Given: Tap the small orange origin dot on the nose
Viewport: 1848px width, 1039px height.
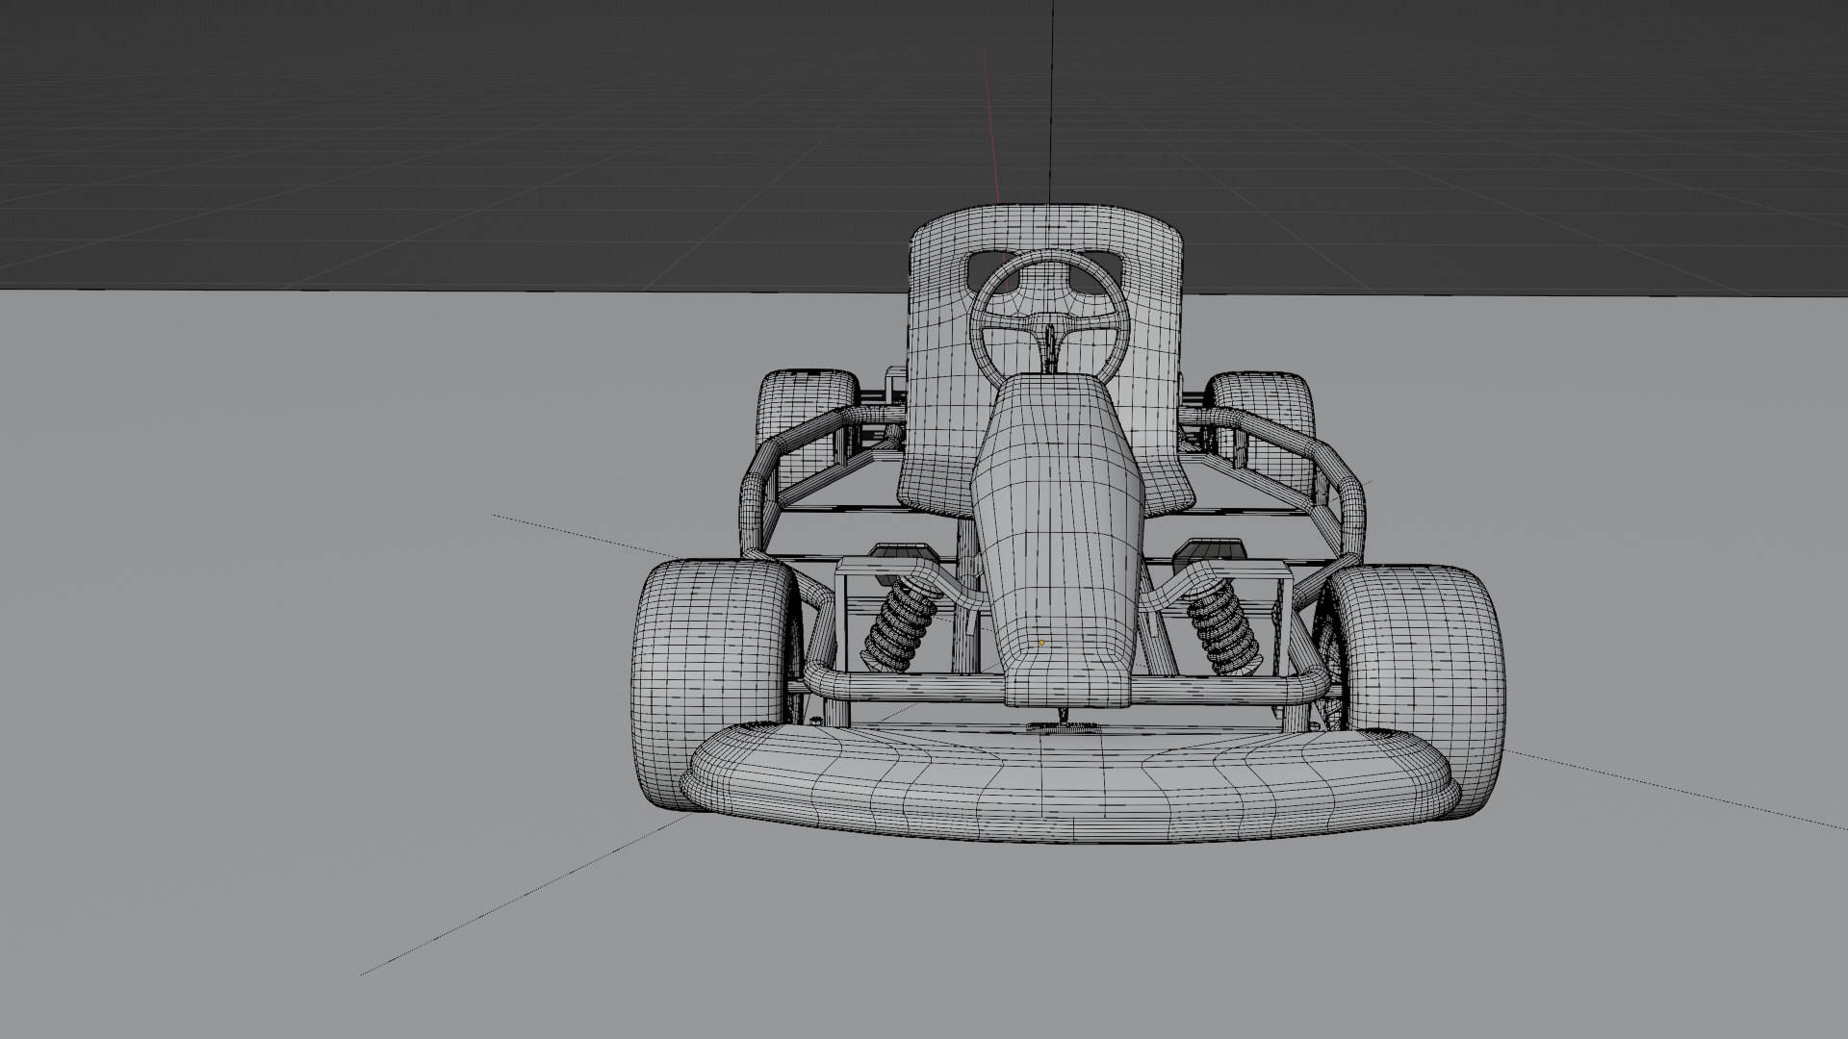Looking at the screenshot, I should pos(1040,643).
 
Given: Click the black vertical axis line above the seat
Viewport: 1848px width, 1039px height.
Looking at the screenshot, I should pos(1050,96).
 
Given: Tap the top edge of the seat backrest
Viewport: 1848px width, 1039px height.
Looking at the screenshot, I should pos(1047,208).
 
